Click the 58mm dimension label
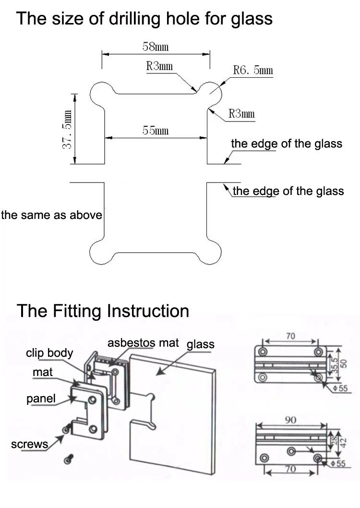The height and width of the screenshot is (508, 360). coord(156,47)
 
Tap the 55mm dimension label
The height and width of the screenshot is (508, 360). coord(156,131)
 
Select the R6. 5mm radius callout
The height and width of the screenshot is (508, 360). coord(253,70)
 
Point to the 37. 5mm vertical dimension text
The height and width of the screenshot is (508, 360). coord(67,130)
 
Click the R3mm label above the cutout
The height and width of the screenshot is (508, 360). coord(159,66)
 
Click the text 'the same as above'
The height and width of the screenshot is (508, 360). coord(51,215)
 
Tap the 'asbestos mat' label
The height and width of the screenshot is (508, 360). coord(143,343)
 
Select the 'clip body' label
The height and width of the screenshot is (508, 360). coord(49,353)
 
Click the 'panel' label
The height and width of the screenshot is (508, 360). coord(41,399)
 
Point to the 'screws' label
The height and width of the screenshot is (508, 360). coord(29,444)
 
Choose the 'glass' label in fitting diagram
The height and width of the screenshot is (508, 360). coord(200,344)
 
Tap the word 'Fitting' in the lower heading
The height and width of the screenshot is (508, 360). coord(77,311)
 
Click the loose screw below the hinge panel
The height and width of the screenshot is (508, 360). coord(69,459)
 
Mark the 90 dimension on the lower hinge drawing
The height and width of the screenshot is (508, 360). coord(290,420)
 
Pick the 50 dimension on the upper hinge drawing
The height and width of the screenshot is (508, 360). coord(344,364)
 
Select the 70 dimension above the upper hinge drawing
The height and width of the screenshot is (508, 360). coord(290,336)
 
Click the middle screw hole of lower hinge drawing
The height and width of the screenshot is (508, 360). coord(291,451)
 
